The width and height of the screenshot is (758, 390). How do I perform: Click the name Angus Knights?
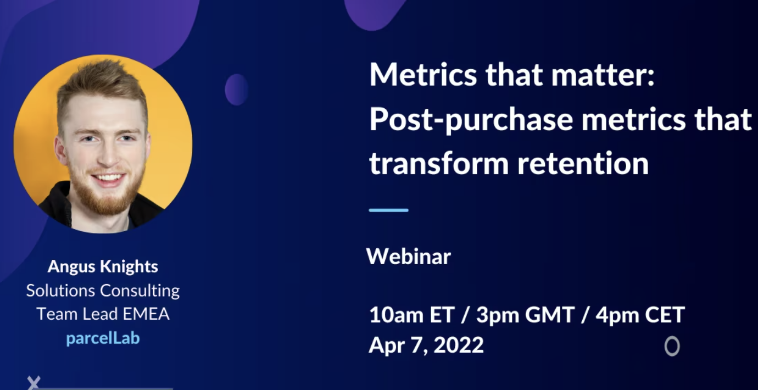(x=103, y=266)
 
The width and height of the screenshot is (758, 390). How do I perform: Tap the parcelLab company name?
(x=103, y=338)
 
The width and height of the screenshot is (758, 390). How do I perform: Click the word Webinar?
(x=409, y=257)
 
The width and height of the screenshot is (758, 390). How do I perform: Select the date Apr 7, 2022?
(x=426, y=346)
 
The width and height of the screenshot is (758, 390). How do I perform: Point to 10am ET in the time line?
(x=412, y=315)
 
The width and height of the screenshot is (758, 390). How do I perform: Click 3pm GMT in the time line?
(x=526, y=315)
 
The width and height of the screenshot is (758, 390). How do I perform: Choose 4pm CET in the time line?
(x=640, y=315)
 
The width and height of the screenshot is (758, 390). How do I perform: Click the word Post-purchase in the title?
(x=471, y=120)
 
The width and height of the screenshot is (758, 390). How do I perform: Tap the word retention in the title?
(x=583, y=164)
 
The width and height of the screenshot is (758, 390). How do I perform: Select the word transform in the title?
(x=439, y=164)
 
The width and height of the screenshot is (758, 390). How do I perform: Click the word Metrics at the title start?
(x=423, y=75)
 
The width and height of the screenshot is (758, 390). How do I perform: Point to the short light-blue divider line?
(x=388, y=210)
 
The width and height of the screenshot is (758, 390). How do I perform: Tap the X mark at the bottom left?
(x=34, y=382)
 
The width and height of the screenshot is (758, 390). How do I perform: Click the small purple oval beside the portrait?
(x=236, y=90)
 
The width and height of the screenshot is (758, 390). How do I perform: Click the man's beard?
(x=102, y=196)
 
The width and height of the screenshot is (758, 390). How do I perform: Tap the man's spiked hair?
(x=102, y=81)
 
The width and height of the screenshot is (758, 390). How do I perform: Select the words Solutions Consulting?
(x=103, y=291)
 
